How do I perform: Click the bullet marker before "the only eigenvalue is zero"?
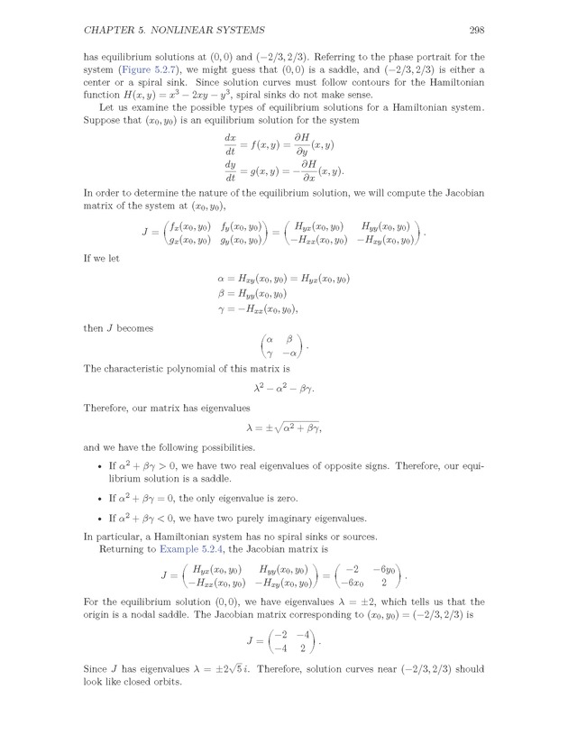pos(98,499)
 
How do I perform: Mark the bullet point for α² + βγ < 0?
pos(98,519)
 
